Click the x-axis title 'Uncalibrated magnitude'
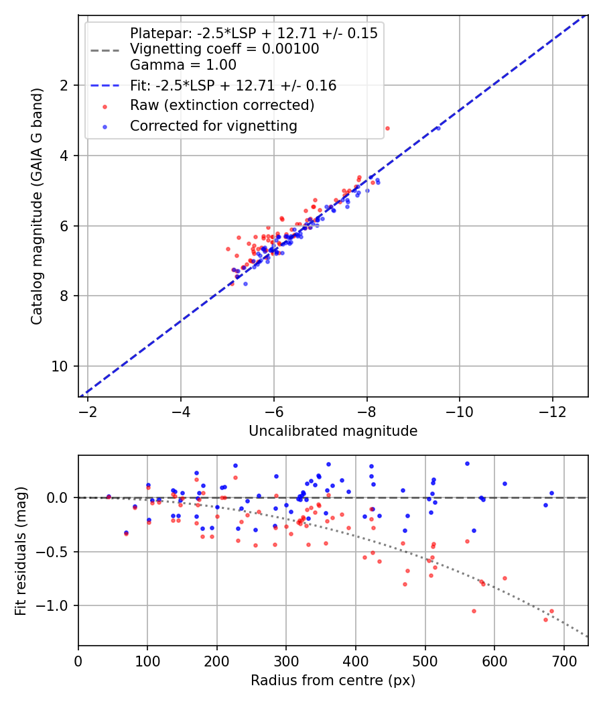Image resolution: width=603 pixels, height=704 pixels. tap(333, 431)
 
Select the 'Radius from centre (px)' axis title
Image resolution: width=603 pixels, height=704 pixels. tap(333, 681)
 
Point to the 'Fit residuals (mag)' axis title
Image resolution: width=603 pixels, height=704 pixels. tap(21, 550)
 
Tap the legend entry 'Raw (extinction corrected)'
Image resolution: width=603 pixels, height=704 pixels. tap(222, 105)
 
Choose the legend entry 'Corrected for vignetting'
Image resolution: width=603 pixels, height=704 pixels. tap(213, 125)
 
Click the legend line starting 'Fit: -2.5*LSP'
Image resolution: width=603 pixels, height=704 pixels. tap(233, 85)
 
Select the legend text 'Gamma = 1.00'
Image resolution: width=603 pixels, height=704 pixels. tap(183, 65)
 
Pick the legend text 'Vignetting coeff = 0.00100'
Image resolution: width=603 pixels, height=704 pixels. tap(224, 49)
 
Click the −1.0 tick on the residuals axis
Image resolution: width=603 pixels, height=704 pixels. tap(56, 606)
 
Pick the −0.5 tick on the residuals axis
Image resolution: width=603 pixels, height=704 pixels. tap(56, 552)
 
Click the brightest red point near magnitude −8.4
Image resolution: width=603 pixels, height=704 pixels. tap(387, 128)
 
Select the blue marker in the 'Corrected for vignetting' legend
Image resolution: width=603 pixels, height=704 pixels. tap(104, 125)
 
